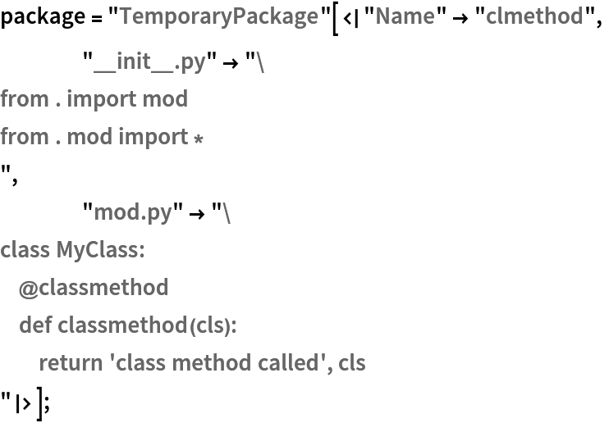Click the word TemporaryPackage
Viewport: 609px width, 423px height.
pyautogui.click(x=218, y=16)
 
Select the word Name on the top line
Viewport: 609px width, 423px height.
pyautogui.click(x=405, y=16)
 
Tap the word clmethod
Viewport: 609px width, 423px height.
pyautogui.click(x=534, y=16)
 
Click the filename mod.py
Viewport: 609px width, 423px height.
pyautogui.click(x=133, y=212)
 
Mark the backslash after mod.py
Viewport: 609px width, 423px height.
pyautogui.click(x=227, y=212)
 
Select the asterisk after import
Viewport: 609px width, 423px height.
pyautogui.click(x=198, y=138)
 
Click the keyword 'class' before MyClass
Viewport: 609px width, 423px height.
pyautogui.click(x=25, y=249)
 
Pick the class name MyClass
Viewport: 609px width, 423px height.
pyautogui.click(x=100, y=249)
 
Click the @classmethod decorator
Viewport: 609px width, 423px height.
pyautogui.click(x=94, y=287)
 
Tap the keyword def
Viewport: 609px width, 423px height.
pyautogui.click(x=35, y=325)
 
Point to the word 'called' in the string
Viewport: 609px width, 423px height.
pyautogui.click(x=294, y=362)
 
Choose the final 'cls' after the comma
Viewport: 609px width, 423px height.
pyautogui.click(x=352, y=362)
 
